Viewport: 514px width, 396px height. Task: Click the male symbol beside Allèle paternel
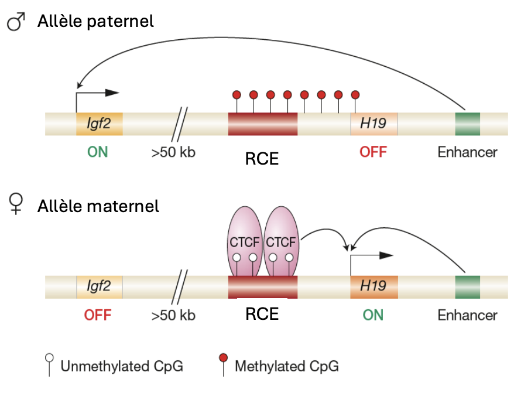click(17, 23)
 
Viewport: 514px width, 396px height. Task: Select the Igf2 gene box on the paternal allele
click(99, 124)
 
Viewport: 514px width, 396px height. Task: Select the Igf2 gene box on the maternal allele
click(99, 286)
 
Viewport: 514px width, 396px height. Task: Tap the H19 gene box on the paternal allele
click(374, 124)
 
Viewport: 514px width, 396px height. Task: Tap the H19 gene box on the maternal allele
click(374, 286)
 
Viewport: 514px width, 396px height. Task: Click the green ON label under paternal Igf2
click(98, 152)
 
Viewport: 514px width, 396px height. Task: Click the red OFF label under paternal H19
click(373, 152)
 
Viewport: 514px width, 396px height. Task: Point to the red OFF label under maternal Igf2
click(98, 315)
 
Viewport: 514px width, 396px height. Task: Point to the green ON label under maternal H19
click(373, 315)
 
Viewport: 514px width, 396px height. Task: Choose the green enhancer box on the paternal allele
click(468, 124)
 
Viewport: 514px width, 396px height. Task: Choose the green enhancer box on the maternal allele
click(468, 286)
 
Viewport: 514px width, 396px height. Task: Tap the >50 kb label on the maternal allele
click(173, 315)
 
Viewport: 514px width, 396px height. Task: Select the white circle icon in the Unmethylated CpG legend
click(51, 357)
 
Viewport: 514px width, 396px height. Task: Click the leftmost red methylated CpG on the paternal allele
click(237, 95)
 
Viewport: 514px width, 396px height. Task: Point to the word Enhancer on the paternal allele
click(467, 152)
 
